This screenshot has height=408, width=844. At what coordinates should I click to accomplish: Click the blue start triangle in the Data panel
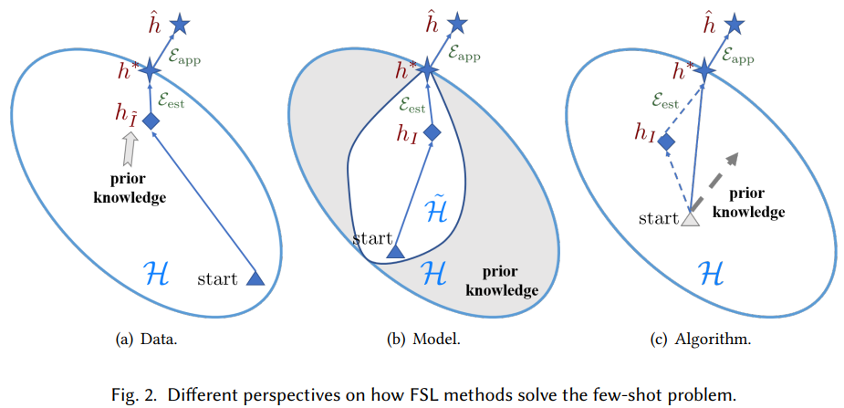(255, 278)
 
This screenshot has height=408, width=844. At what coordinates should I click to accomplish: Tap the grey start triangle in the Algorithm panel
(690, 217)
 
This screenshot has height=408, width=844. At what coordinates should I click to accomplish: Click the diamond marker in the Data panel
(151, 120)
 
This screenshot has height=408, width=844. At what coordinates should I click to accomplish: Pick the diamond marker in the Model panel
(432, 131)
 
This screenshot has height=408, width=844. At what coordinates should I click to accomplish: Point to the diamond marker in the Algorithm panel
(667, 142)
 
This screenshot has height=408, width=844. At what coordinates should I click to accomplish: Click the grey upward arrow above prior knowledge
(130, 146)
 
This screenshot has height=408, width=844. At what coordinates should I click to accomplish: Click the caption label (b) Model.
(423, 340)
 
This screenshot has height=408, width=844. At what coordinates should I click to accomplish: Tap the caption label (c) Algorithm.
(703, 340)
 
